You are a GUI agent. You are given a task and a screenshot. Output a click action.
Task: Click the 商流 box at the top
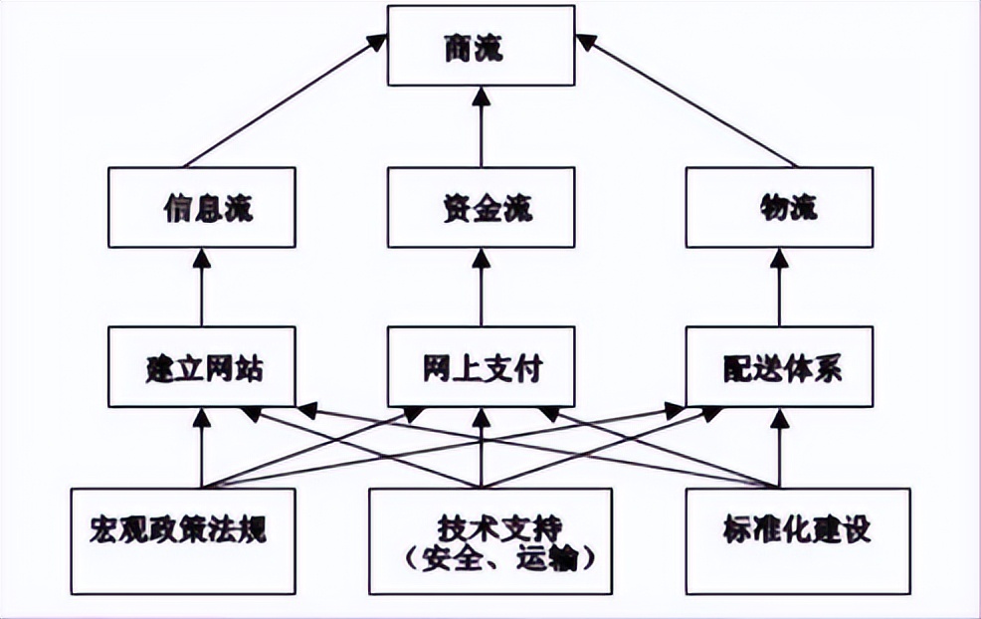coord(482,48)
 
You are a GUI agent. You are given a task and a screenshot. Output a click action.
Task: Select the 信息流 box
coord(201,208)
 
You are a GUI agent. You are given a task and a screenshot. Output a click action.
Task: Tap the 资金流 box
coord(482,208)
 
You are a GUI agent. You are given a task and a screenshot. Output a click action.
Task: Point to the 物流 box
coord(779,208)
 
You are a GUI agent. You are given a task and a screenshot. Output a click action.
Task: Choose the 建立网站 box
coord(201,367)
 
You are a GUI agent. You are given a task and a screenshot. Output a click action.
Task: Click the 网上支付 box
coord(482,367)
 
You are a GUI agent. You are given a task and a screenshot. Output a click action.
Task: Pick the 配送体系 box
coord(779,367)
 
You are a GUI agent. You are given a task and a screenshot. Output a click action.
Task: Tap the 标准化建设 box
coord(797,528)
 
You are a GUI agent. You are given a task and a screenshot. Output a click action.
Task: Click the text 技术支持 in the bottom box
coord(482,524)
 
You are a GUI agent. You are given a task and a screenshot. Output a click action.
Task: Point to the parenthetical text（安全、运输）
coord(482,559)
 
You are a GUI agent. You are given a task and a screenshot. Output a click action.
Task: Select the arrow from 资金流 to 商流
coord(482,126)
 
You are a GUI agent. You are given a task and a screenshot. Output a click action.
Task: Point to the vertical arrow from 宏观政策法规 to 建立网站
coord(201,448)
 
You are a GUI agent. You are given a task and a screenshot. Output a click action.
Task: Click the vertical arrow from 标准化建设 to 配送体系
coord(779,448)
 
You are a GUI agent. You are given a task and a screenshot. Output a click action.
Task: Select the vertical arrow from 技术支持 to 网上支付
coord(482,448)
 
